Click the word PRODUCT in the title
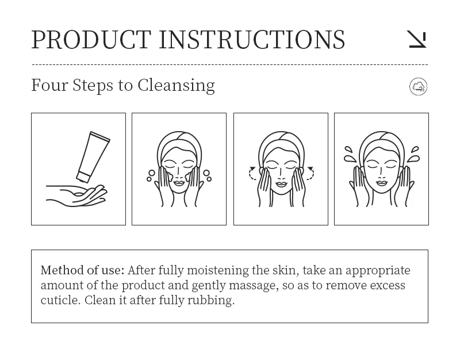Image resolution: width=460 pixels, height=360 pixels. coord(91,40)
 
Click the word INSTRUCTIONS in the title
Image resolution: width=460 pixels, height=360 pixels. coord(252,40)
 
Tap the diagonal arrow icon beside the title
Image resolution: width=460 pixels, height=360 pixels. coord(418,39)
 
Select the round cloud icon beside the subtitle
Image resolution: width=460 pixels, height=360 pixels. coord(419,87)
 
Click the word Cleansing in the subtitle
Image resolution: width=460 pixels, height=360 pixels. coord(177,85)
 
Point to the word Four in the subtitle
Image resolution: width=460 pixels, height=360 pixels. coord(49,85)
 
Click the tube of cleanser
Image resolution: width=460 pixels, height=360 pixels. coord(93,157)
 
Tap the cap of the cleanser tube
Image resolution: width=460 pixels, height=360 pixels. coord(83,177)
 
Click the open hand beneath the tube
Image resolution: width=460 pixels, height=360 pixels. coord(76,196)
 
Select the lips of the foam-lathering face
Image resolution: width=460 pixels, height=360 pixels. coord(179,183)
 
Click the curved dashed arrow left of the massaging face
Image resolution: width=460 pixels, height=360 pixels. coord(252,173)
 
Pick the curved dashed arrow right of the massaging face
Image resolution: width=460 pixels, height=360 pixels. coord(310,173)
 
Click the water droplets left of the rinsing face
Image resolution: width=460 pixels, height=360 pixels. coord(350,154)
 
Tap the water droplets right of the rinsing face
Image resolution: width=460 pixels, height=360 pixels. coord(413,154)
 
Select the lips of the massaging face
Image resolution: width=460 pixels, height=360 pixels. coord(281,184)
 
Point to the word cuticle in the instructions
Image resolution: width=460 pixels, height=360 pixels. coord(60,300)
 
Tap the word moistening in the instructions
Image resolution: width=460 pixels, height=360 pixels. coord(218,271)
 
